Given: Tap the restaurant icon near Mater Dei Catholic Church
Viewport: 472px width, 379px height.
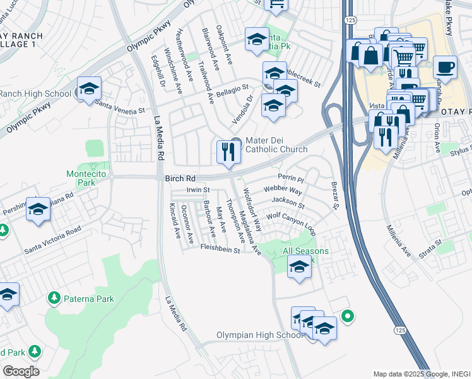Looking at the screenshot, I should click(227, 152).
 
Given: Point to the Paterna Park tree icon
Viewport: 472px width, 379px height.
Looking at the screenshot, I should click(54, 298).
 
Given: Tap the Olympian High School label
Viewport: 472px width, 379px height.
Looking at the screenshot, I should click(259, 335).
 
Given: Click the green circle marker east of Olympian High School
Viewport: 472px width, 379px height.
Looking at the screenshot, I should click(346, 316).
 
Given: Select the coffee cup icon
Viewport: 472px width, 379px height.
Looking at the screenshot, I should click(445, 68).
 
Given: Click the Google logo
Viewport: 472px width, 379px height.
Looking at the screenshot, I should click(20, 371).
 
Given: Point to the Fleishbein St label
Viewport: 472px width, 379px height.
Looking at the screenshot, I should click(220, 250).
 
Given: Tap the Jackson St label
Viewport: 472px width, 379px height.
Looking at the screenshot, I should click(287, 203).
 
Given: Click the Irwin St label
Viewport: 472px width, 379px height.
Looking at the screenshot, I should click(198, 189).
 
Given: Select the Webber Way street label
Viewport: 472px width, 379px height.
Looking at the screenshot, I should click(283, 189).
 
